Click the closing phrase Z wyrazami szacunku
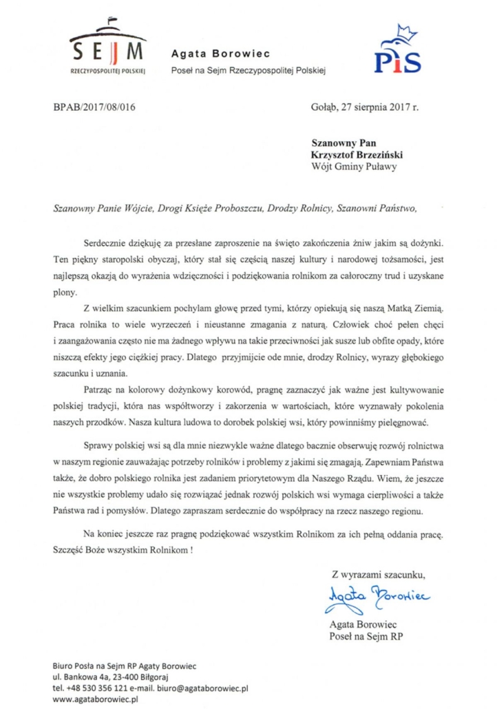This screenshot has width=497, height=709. click(x=379, y=574)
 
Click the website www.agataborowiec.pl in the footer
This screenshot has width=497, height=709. click(x=96, y=698)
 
